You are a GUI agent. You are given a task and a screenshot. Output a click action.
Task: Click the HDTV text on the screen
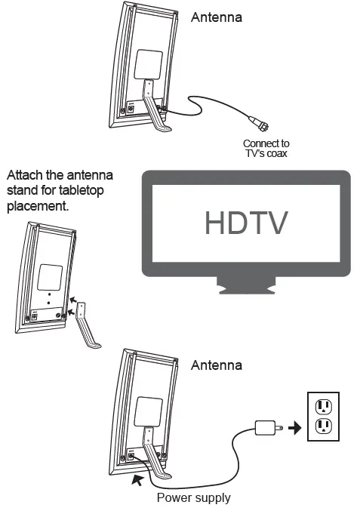point(246,223)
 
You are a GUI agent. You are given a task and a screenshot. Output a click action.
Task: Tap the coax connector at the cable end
point(260,122)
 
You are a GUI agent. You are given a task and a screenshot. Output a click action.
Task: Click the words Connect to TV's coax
point(266,148)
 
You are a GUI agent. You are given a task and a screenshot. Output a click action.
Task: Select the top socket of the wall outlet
point(323,407)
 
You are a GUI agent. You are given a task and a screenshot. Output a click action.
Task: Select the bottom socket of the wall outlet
point(323,426)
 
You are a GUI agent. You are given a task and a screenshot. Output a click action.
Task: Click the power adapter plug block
point(266,428)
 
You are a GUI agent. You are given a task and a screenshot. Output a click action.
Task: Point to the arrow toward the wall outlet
point(295,428)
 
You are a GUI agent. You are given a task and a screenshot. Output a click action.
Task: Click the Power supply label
point(194,497)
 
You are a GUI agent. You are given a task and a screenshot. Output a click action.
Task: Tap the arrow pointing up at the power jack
point(137,479)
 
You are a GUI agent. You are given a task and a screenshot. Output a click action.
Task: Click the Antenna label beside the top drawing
point(217,17)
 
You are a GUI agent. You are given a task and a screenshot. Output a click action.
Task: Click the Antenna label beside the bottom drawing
point(217,365)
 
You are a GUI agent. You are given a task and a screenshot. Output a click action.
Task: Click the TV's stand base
point(246,286)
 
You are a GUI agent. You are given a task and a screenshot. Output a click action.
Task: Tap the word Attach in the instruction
point(25,175)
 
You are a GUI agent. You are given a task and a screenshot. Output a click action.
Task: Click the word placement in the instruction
point(38,206)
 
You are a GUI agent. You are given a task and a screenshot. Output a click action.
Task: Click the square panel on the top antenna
point(149,65)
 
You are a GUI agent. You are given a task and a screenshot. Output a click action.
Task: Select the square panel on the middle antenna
point(50,277)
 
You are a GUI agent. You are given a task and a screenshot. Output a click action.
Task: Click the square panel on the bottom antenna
point(149,412)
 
